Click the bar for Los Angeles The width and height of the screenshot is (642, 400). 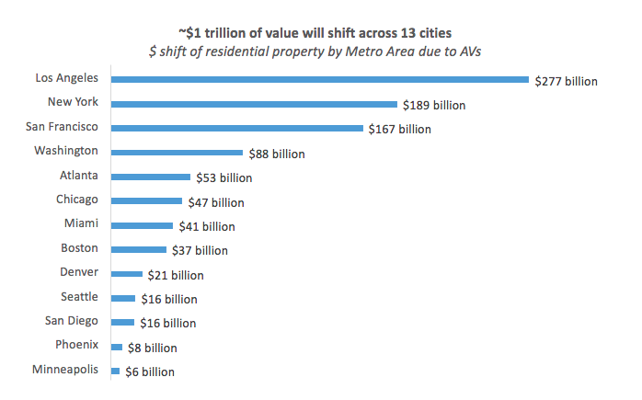tap(320, 81)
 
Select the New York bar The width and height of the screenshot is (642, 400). tap(254, 105)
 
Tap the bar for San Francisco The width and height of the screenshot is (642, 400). tap(236, 129)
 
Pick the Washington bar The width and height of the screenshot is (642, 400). tap(177, 154)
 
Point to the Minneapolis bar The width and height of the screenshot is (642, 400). tap(116, 371)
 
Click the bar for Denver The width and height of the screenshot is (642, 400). tap(127, 274)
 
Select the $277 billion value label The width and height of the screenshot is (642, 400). tap(567, 81)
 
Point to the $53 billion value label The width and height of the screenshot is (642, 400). tap(224, 177)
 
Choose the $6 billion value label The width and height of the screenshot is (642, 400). tap(149, 371)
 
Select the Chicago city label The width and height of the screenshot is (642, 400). tap(77, 199)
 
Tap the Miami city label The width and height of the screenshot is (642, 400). tap(82, 223)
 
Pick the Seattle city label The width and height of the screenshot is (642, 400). tap(79, 296)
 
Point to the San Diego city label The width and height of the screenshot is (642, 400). tap(72, 321)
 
